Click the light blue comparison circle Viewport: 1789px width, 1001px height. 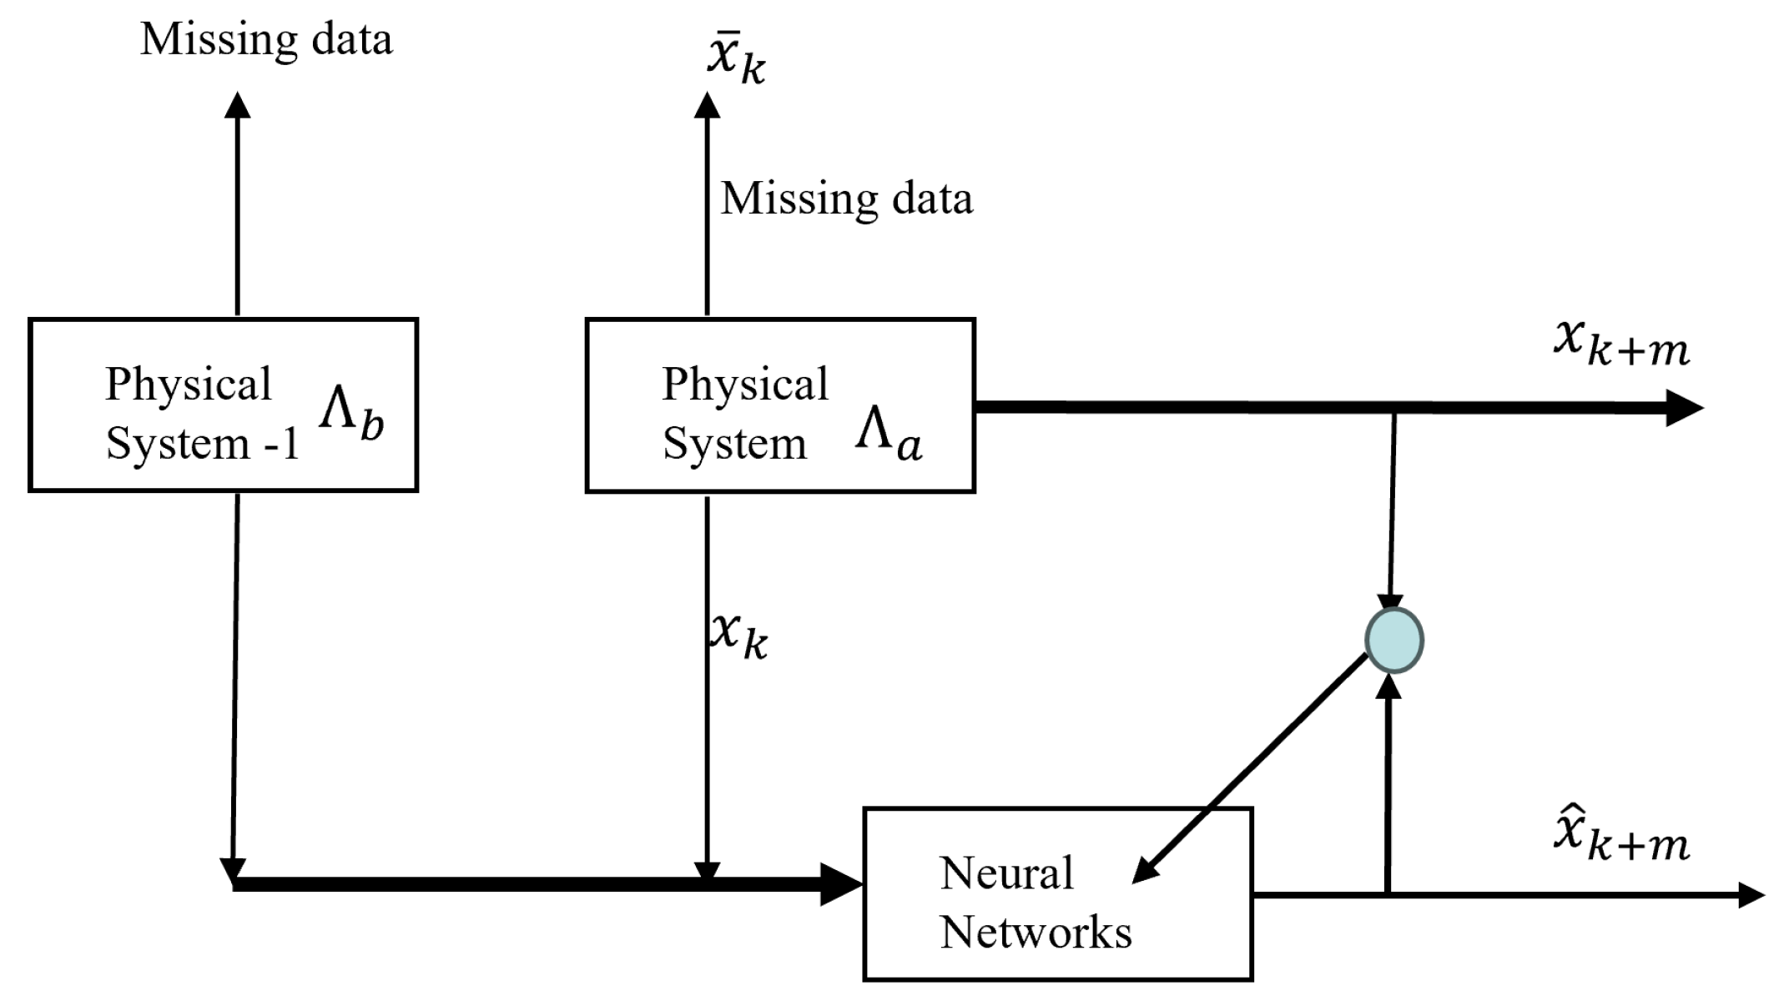[1393, 640]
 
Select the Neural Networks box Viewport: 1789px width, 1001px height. [1057, 893]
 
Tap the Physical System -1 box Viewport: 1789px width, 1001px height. [223, 405]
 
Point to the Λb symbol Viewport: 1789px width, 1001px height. [351, 415]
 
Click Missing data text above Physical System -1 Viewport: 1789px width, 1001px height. [266, 39]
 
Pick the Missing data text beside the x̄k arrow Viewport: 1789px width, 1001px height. [846, 199]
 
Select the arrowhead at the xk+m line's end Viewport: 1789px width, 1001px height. [1683, 408]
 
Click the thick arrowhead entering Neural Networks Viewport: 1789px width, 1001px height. [841, 884]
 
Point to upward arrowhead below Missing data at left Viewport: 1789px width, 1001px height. [238, 105]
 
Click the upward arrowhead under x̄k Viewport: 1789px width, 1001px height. [708, 105]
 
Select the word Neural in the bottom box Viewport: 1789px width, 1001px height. [1005, 873]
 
